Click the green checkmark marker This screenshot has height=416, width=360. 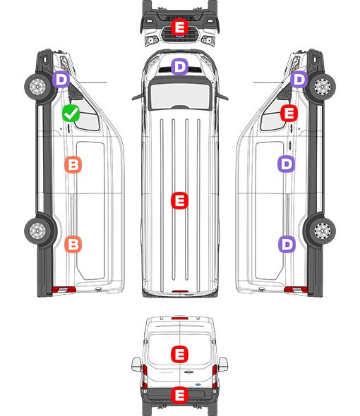pos(71,114)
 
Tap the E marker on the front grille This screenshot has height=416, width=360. pos(179,27)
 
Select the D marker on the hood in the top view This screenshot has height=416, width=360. pos(179,66)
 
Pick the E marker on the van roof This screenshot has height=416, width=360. pos(179,200)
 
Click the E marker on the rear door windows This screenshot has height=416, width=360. pos(179,354)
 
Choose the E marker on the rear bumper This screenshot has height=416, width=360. pos(179,395)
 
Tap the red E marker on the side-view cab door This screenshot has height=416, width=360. pos(289,114)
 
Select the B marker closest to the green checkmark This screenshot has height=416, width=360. pos(73,164)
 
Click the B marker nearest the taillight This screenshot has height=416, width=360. pos(73,244)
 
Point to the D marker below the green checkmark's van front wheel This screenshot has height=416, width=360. pos(61,79)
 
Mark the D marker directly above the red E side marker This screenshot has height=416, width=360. pos(299,79)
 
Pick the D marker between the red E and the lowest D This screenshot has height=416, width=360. pos(287,164)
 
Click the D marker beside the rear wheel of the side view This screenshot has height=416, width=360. pos(287,244)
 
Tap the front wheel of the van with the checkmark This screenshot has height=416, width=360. pos(37,87)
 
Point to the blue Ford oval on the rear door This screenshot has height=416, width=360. pos(198,384)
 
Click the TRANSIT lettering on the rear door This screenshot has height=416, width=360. pos(166,372)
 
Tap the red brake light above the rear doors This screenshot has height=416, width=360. pos(180,318)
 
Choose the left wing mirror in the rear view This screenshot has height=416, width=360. pos(136,365)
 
